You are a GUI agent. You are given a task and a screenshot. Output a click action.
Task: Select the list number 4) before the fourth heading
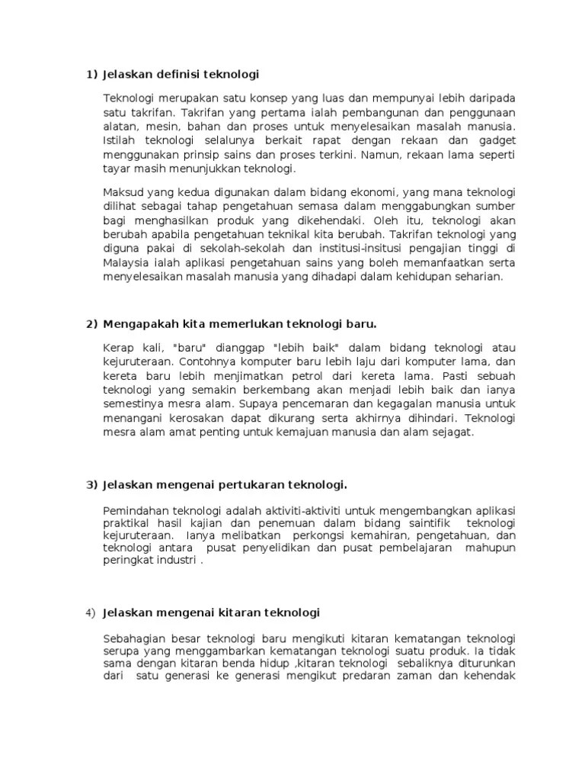[x=91, y=613]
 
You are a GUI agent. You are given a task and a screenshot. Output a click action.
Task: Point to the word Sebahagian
[x=134, y=638]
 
